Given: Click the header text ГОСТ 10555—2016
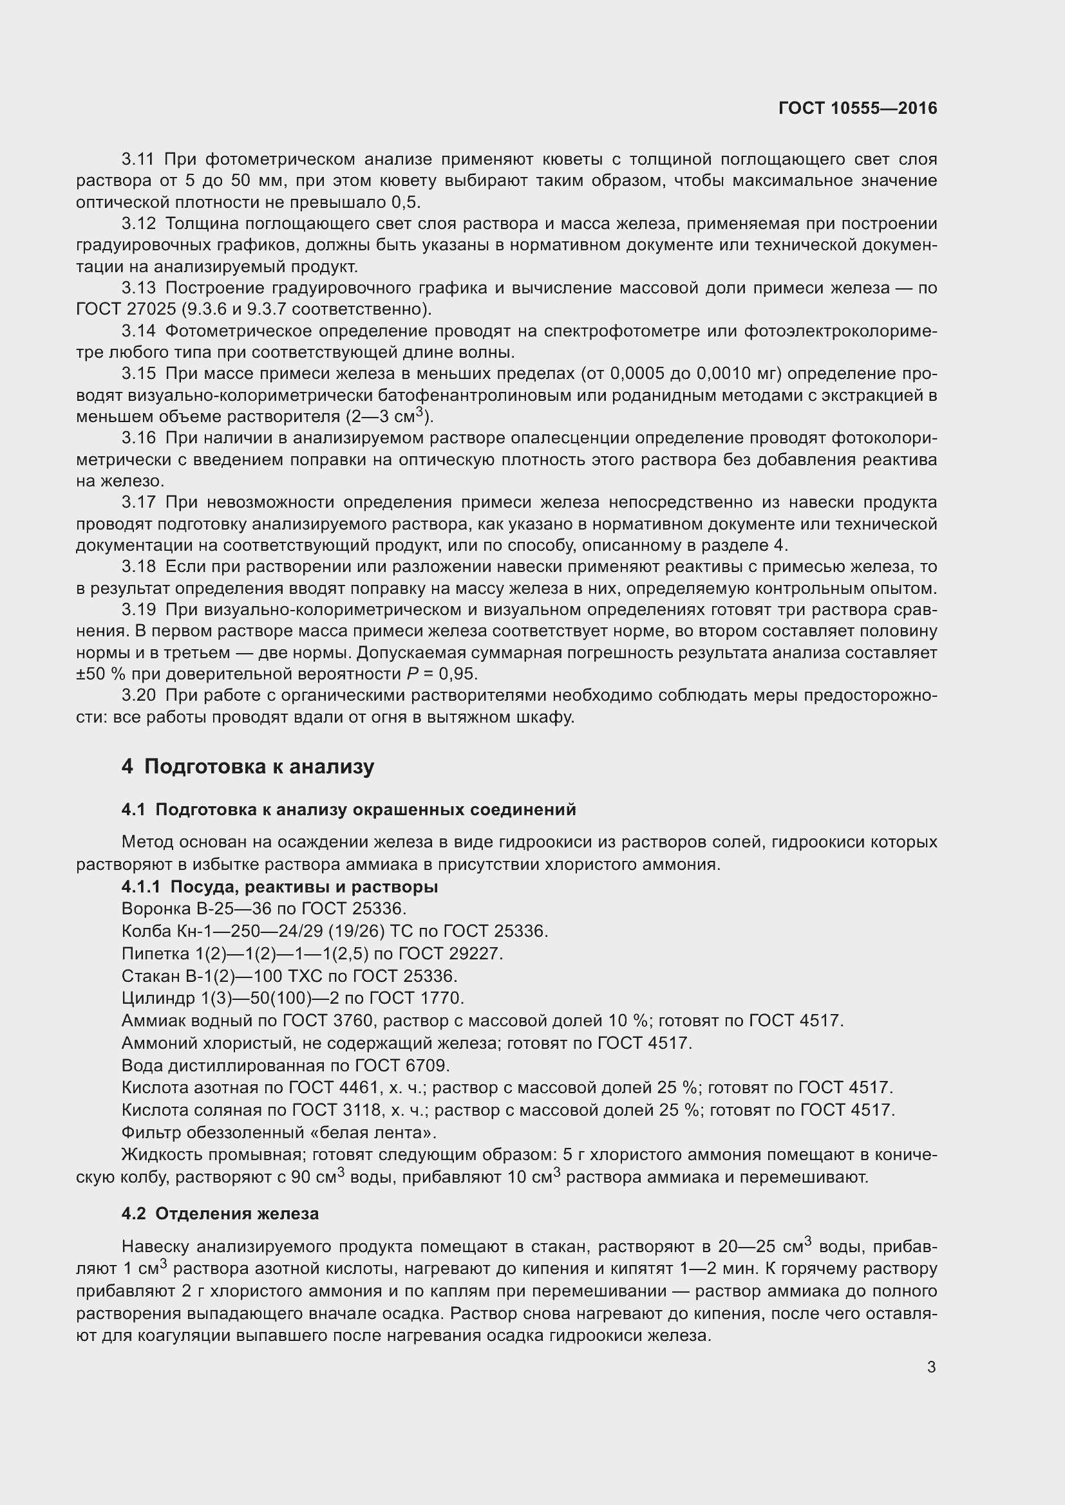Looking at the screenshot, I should [858, 108].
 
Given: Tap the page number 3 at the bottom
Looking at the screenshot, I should [931, 1367].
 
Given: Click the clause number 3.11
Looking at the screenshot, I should [138, 160].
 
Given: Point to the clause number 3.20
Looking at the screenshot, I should [138, 696].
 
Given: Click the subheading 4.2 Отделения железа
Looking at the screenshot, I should [220, 1214].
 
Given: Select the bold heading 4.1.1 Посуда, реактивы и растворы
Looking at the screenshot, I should [279, 887].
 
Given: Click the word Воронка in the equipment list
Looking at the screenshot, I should [150, 909].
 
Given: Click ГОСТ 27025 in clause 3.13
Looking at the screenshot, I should [126, 309].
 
